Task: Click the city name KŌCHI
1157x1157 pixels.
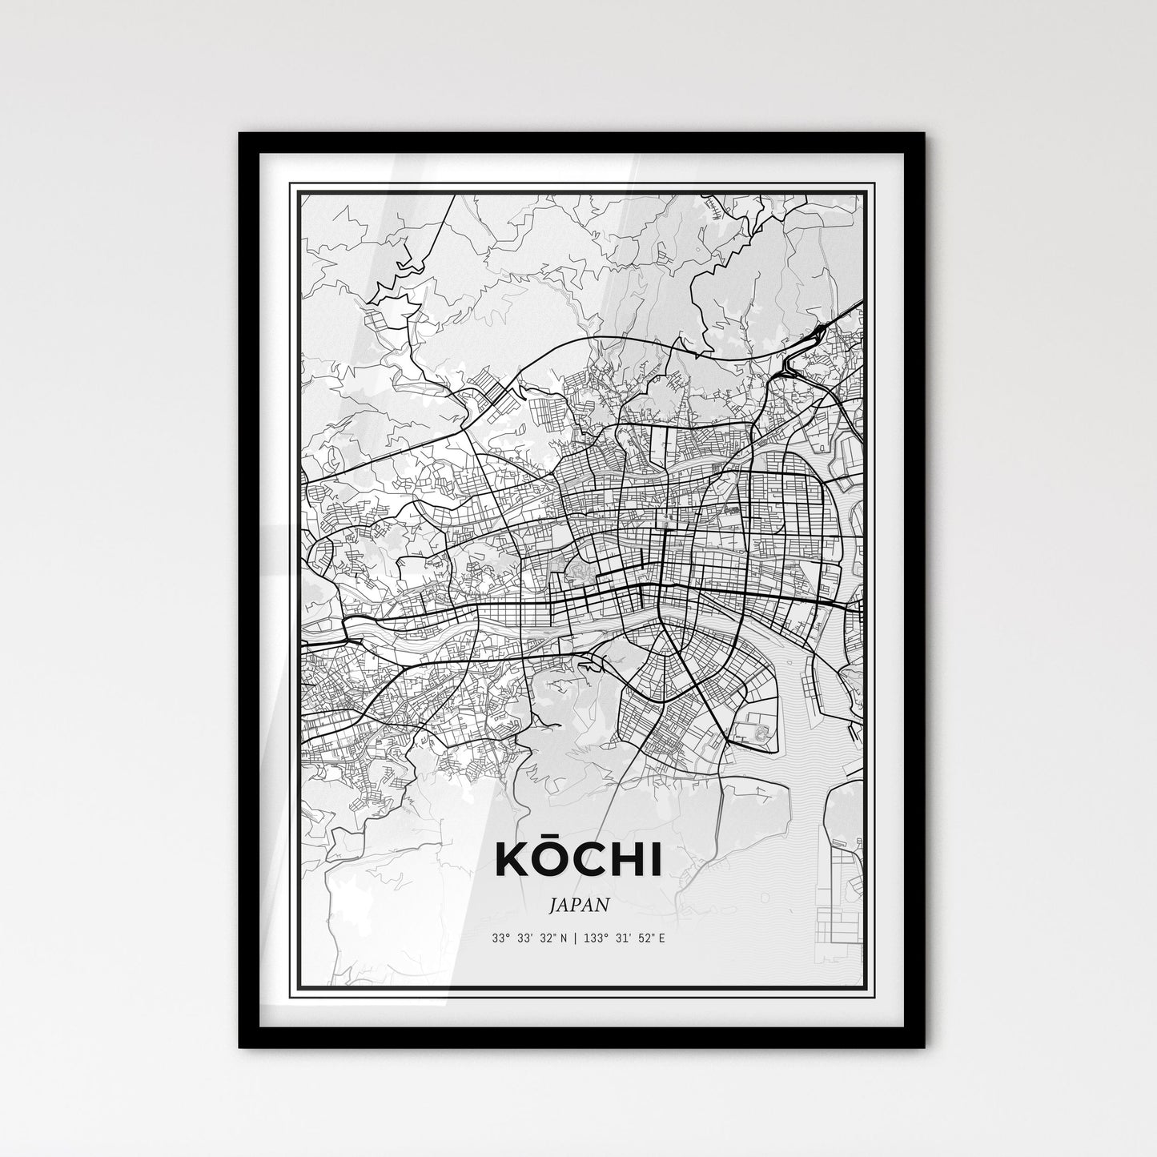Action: (x=579, y=861)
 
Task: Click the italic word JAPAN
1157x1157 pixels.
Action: (x=579, y=905)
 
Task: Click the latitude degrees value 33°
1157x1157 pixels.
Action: (x=500, y=938)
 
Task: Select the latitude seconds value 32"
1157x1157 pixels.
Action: (x=550, y=938)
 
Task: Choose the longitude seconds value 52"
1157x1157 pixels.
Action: (x=645, y=938)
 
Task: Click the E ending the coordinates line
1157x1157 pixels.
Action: (x=661, y=938)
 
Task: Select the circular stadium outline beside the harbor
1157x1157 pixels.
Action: (x=760, y=731)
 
